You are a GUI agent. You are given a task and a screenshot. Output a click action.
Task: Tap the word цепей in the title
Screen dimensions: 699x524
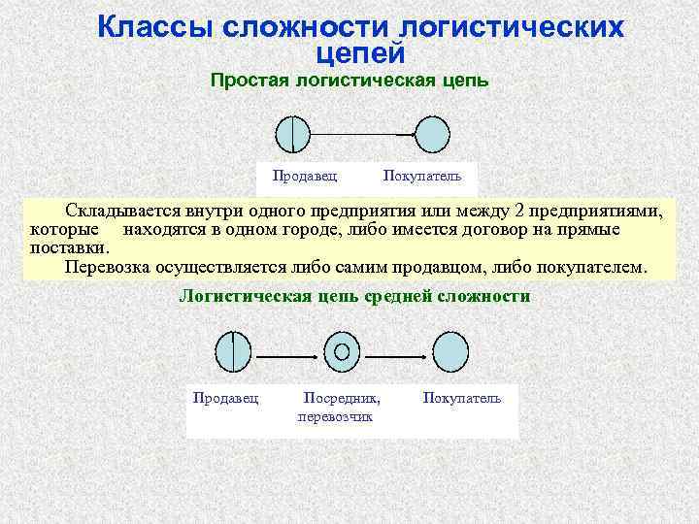(x=360, y=54)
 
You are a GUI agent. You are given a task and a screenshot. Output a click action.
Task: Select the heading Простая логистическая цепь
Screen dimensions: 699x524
(x=349, y=82)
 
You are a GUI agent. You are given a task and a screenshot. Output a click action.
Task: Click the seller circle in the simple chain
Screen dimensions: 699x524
(x=292, y=134)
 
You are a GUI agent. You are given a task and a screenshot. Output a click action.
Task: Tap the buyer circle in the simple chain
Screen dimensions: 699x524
(x=432, y=134)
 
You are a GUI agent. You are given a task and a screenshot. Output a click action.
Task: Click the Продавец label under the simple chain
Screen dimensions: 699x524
(x=305, y=176)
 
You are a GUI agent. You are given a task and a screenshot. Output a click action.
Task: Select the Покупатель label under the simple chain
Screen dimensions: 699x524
(x=422, y=176)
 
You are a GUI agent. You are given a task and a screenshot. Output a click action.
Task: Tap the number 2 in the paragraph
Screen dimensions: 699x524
(x=504, y=211)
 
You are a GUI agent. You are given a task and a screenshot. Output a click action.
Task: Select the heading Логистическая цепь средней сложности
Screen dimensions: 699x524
(x=355, y=296)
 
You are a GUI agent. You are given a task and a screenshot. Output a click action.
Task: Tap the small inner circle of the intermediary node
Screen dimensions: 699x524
(x=341, y=351)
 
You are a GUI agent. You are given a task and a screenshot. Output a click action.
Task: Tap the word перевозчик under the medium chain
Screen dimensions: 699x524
(x=333, y=416)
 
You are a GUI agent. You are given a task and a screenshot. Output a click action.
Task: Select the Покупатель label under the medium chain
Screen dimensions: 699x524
(x=462, y=399)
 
